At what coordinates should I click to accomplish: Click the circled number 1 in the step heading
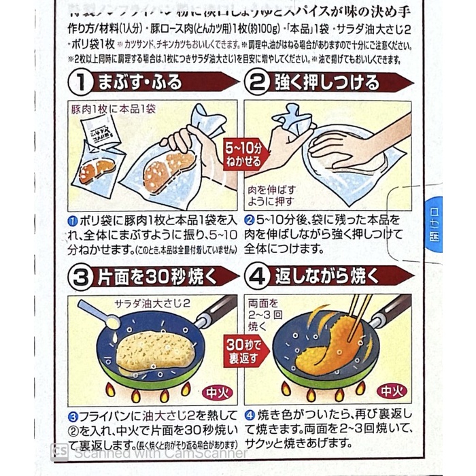click(x=83, y=84)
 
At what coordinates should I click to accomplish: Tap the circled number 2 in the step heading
click(x=258, y=84)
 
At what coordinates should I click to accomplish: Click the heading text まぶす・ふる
click(x=139, y=84)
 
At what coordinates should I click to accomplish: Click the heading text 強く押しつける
click(x=326, y=84)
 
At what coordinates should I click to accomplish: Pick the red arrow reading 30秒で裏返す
click(x=243, y=348)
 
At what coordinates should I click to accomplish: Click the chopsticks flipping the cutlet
click(x=358, y=315)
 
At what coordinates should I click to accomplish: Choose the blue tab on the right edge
click(x=435, y=224)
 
